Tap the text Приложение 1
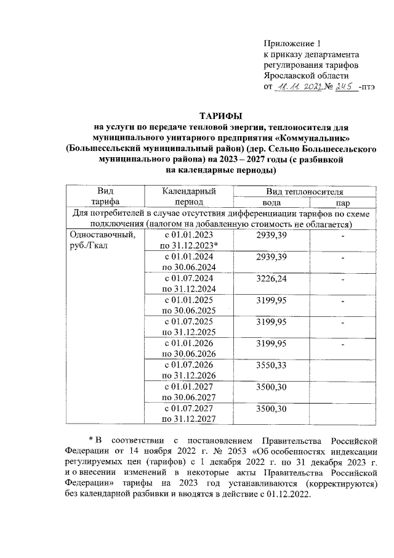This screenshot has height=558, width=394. [x=292, y=43]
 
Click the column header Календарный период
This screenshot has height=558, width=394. [x=187, y=197]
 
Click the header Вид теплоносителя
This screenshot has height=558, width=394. [x=304, y=192]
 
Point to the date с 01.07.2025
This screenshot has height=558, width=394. [x=186, y=321]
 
